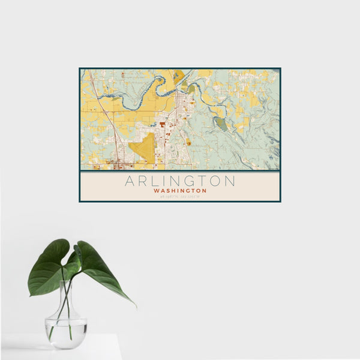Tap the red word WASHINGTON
180,191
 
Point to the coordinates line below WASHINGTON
180,196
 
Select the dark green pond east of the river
221,124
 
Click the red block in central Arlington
162,124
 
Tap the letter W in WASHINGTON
156,191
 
